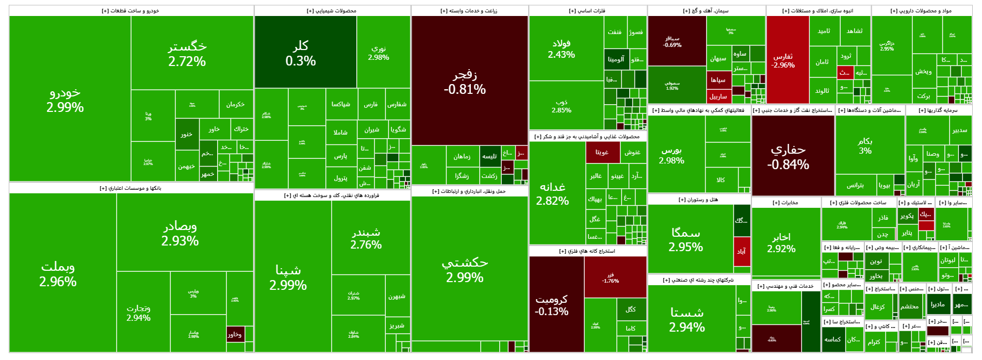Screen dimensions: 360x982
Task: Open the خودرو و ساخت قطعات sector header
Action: pyautogui.click(x=131, y=11)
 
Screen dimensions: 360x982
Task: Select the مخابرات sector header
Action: pyautogui.click(x=785, y=203)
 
